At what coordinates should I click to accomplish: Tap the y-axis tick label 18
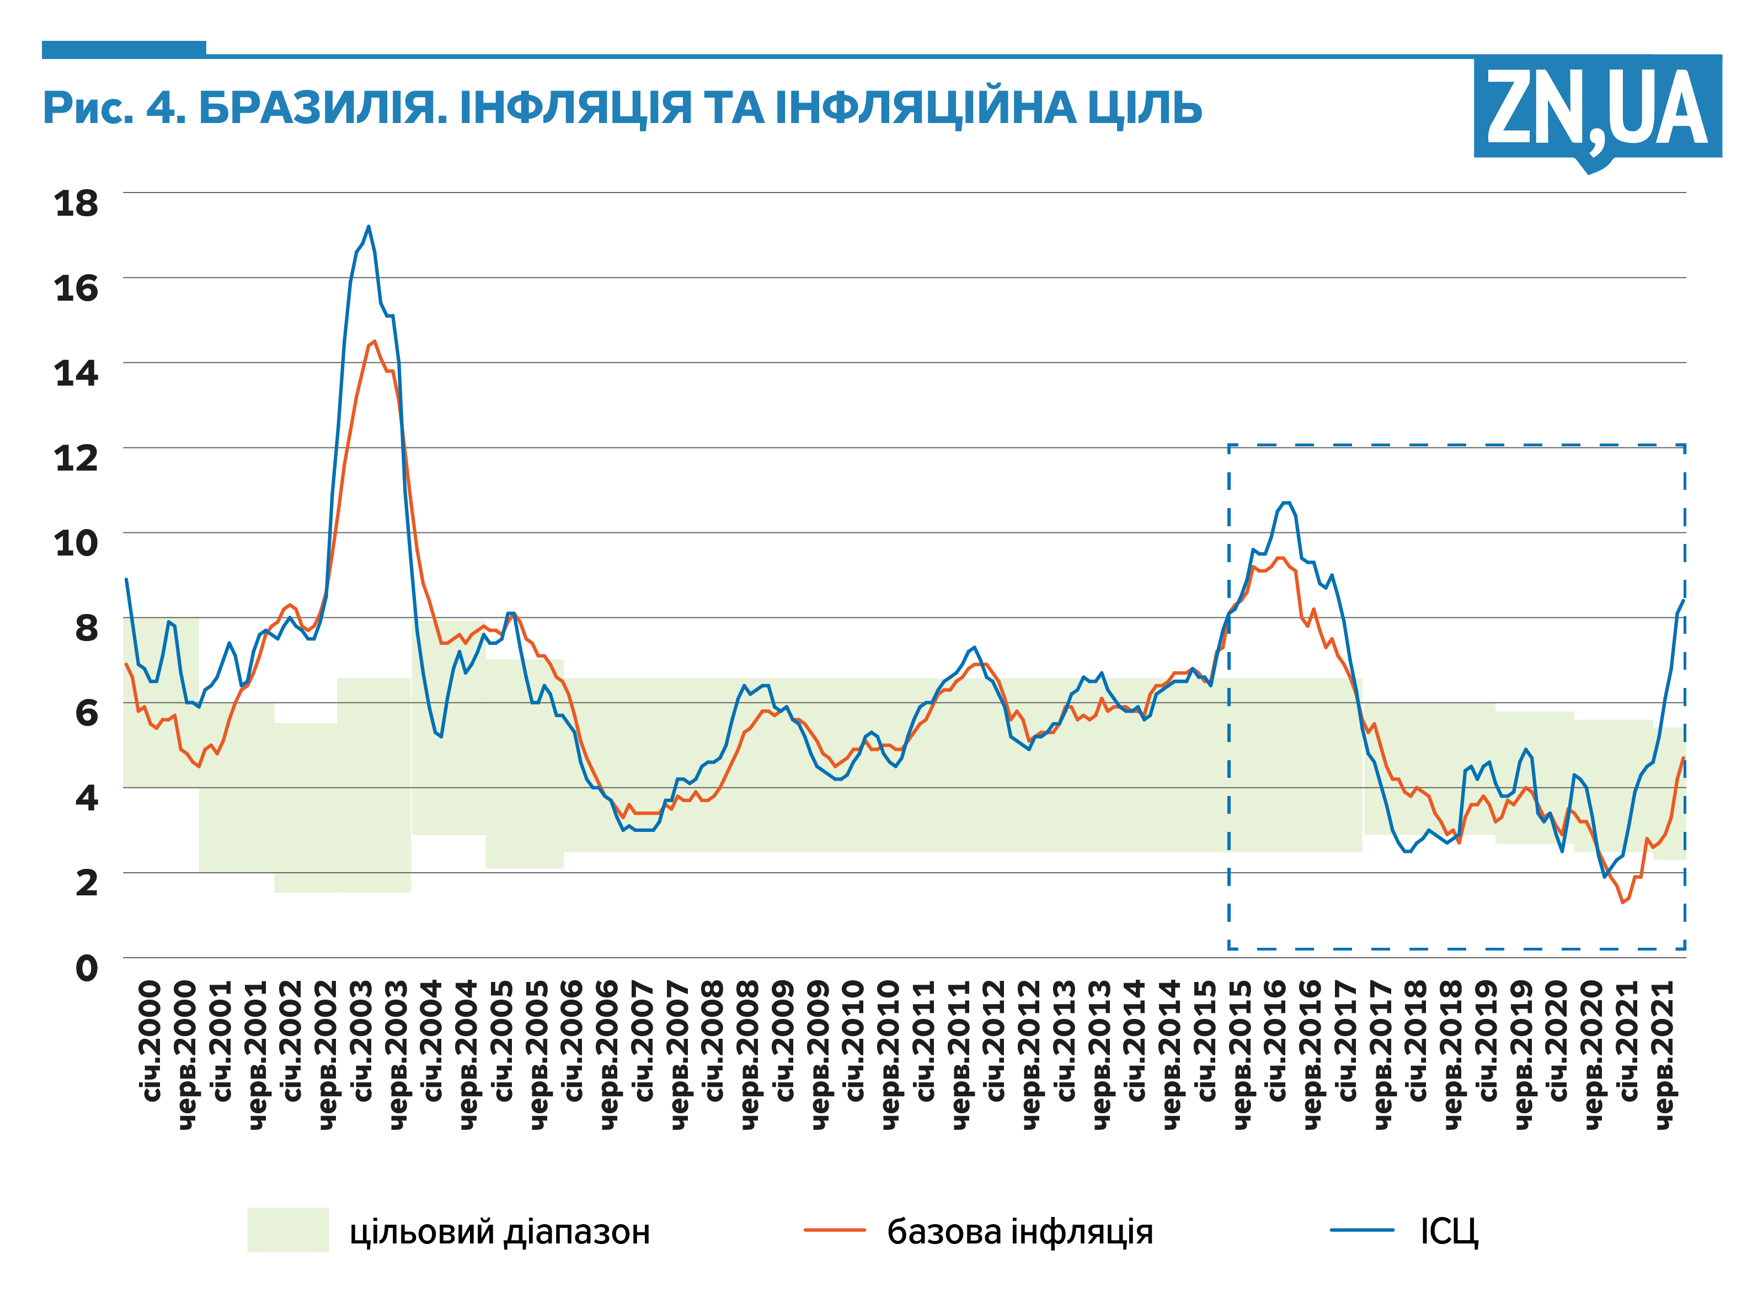pyautogui.click(x=76, y=204)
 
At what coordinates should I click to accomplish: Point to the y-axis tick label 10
pyautogui.click(x=76, y=543)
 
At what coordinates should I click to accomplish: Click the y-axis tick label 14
pyautogui.click(x=76, y=373)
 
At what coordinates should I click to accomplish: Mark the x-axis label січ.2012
pyautogui.click(x=995, y=1040)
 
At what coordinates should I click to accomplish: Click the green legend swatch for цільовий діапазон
pyautogui.click(x=287, y=1230)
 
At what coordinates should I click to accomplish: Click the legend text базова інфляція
pyautogui.click(x=1019, y=1232)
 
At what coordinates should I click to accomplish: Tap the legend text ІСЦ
pyautogui.click(x=1449, y=1232)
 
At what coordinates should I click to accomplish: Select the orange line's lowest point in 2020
pyautogui.click(x=1622, y=902)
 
